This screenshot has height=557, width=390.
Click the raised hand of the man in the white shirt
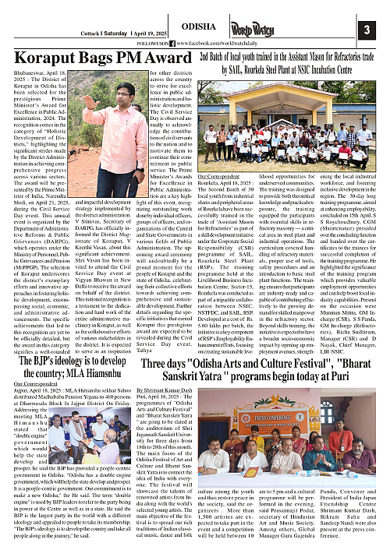point(90,102)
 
